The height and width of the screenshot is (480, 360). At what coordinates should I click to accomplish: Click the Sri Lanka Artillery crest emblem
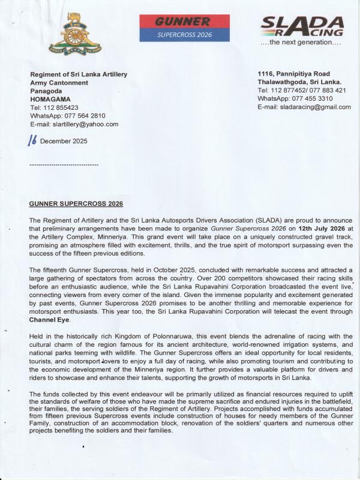tap(67, 34)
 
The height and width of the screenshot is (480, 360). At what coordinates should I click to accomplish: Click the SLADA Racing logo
tap(302, 27)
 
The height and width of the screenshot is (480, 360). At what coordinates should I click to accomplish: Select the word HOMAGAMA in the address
tap(50, 99)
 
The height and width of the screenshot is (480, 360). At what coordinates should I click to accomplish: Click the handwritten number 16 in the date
tap(33, 140)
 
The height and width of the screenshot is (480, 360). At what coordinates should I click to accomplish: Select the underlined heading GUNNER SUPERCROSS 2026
tap(76, 203)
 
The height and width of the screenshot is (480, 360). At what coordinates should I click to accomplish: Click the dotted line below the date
tap(64, 164)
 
